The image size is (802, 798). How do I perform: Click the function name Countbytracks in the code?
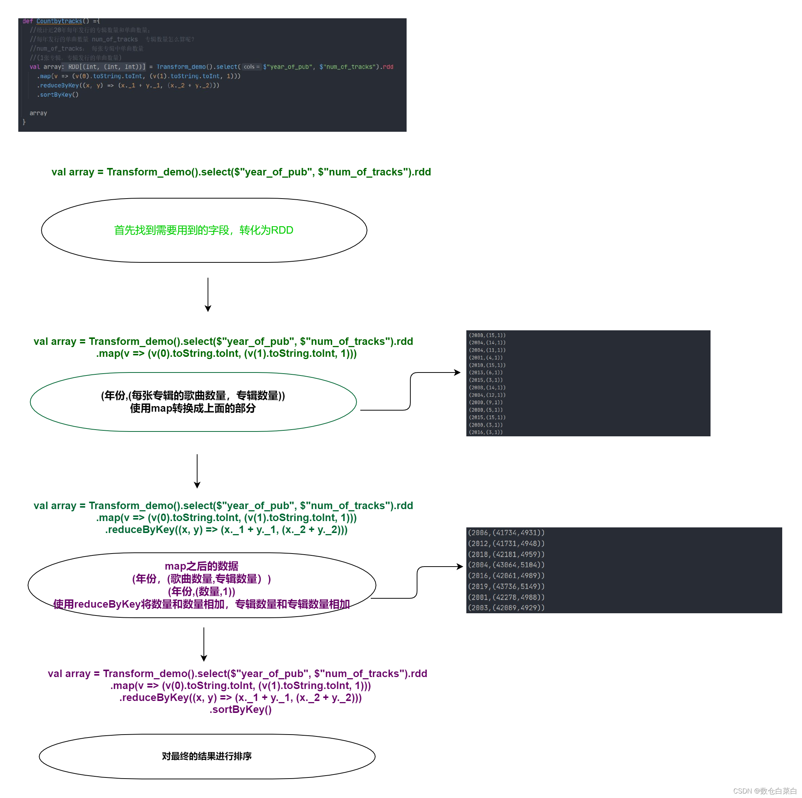pos(59,21)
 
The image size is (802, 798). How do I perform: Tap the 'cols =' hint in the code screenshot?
pos(251,67)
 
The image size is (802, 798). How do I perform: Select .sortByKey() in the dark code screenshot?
pos(58,94)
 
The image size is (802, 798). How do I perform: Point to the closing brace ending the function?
pos(24,122)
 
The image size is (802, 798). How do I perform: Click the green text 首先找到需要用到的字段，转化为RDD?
pos(203,230)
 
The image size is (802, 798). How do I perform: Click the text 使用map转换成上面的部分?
pos(193,408)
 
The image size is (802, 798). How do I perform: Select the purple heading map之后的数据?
pos(201,566)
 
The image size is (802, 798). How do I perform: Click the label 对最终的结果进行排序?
pos(207,756)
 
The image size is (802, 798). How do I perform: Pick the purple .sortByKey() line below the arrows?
pos(240,710)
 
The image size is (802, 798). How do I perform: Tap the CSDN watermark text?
pos(764,791)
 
